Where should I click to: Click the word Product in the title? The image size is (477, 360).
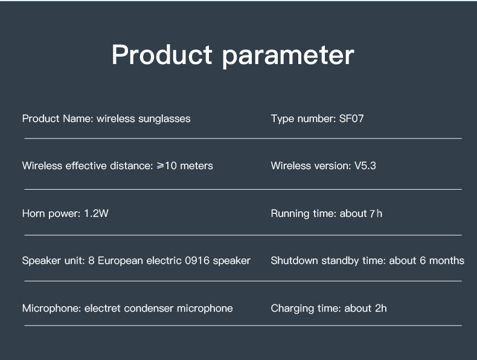click(x=162, y=54)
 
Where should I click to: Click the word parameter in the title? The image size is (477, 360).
click(x=288, y=57)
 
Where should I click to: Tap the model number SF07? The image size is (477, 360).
click(x=351, y=118)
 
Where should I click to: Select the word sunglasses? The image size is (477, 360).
click(x=164, y=119)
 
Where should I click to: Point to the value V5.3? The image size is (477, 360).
click(x=365, y=166)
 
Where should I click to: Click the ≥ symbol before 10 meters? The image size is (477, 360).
click(x=161, y=166)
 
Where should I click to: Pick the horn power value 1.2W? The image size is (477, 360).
click(x=96, y=213)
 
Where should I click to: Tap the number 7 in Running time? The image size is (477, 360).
click(x=372, y=214)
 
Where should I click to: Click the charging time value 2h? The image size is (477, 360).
click(x=380, y=308)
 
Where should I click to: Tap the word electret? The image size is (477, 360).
click(x=103, y=308)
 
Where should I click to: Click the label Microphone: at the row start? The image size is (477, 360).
click(x=52, y=309)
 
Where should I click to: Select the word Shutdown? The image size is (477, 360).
click(x=294, y=260)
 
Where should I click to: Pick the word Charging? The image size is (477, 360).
click(x=292, y=309)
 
